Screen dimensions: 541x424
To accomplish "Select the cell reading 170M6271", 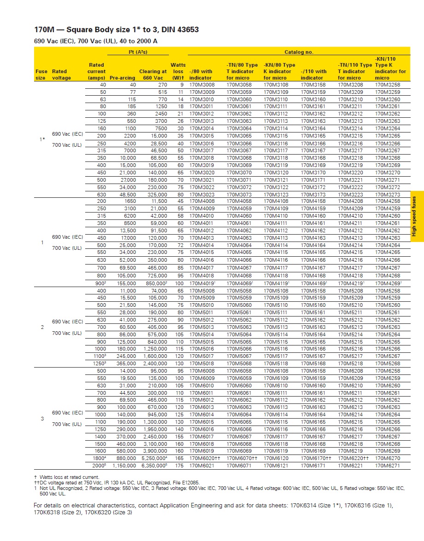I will [388, 466].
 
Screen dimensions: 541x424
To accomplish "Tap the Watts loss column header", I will [178, 71].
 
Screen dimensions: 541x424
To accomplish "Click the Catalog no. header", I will [298, 52].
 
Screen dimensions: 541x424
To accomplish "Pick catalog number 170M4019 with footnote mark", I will [203, 283].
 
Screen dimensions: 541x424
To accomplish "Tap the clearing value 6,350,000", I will [154, 466].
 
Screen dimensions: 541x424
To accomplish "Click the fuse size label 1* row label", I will [42, 139].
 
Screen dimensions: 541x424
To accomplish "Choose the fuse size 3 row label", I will [42, 419].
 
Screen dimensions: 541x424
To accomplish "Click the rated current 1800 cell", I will [99, 459].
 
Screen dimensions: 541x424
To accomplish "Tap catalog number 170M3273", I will [388, 195].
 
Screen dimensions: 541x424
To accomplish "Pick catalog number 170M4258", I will [388, 201].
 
